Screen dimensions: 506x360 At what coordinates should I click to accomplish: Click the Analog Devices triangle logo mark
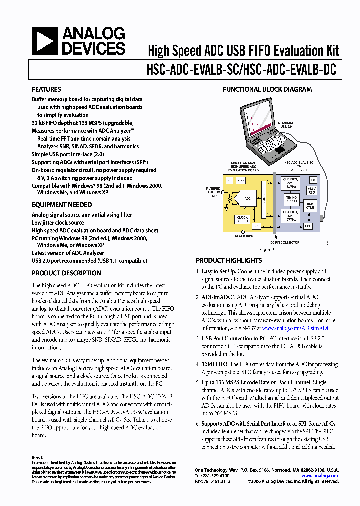point(45,41)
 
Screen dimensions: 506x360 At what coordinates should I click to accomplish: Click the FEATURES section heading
point(46,89)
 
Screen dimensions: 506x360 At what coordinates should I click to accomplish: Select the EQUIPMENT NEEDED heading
point(62,205)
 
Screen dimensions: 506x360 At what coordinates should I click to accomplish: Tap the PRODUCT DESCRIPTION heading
point(66,273)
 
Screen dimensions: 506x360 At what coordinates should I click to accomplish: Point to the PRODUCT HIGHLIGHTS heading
point(229,260)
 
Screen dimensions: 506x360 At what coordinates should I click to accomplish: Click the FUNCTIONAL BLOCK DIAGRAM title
point(267,90)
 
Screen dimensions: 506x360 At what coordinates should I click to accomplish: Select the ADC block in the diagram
point(248,198)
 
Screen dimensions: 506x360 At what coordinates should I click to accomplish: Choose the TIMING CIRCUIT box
point(291,199)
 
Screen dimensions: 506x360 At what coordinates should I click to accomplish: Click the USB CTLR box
point(310,206)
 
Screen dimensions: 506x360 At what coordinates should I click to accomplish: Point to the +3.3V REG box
point(312,190)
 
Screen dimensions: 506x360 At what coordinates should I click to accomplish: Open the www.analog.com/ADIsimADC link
point(296,328)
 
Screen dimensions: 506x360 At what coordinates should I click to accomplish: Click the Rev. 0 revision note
point(38,457)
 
